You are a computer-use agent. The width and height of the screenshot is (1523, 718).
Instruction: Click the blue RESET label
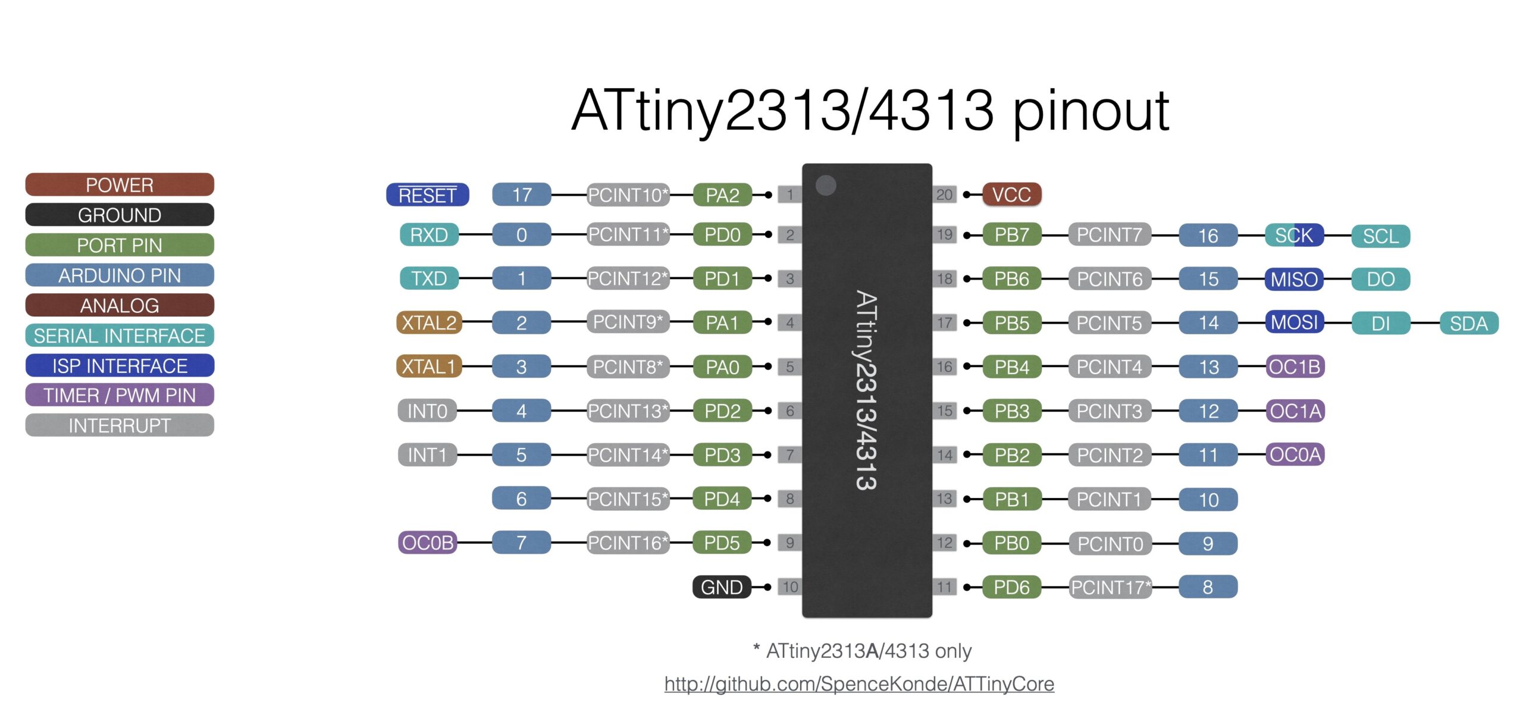427,195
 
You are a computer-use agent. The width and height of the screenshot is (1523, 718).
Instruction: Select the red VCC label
1011,195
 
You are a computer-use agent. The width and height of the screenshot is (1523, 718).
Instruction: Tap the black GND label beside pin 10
722,587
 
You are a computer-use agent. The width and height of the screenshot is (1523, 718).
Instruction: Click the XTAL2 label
429,322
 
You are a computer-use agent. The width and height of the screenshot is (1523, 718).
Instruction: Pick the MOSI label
1294,322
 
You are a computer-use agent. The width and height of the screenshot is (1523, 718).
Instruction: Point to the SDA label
1468,323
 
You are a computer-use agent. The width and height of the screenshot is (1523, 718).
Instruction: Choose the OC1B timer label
1295,366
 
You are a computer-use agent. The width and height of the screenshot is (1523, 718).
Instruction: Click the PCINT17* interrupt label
1111,587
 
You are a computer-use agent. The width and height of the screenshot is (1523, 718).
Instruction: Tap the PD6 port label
1011,587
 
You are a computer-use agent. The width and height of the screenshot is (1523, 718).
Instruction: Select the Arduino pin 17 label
522,195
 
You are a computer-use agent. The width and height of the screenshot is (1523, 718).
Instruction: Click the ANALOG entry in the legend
120,305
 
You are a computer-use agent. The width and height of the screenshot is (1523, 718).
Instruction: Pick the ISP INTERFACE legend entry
120,365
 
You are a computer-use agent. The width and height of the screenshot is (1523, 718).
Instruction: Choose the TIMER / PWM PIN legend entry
120,395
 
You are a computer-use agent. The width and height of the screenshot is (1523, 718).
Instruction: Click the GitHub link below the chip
859,684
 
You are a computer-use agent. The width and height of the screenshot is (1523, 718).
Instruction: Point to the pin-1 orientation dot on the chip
826,185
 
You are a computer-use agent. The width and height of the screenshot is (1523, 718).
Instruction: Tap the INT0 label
427,410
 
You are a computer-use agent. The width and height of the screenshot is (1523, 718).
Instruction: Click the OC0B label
427,543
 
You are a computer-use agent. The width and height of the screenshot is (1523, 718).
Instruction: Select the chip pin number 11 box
945,587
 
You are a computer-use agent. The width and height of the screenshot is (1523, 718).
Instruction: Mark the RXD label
429,235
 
